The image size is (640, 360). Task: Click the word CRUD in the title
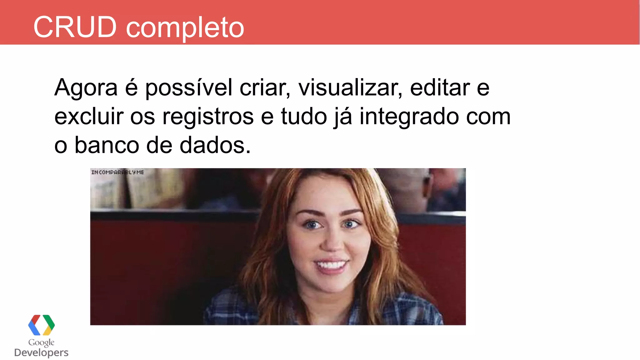point(75,27)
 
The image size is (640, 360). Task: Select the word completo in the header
point(185,28)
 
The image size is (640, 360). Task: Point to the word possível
point(189,88)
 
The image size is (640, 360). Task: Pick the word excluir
point(89,116)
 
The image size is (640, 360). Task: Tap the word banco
point(107,145)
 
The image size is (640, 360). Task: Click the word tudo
point(304,116)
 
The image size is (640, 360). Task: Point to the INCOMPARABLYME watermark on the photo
point(117,172)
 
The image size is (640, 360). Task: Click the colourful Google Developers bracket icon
point(41,325)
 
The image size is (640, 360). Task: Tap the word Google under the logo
point(41,343)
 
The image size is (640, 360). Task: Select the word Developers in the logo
point(41,352)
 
